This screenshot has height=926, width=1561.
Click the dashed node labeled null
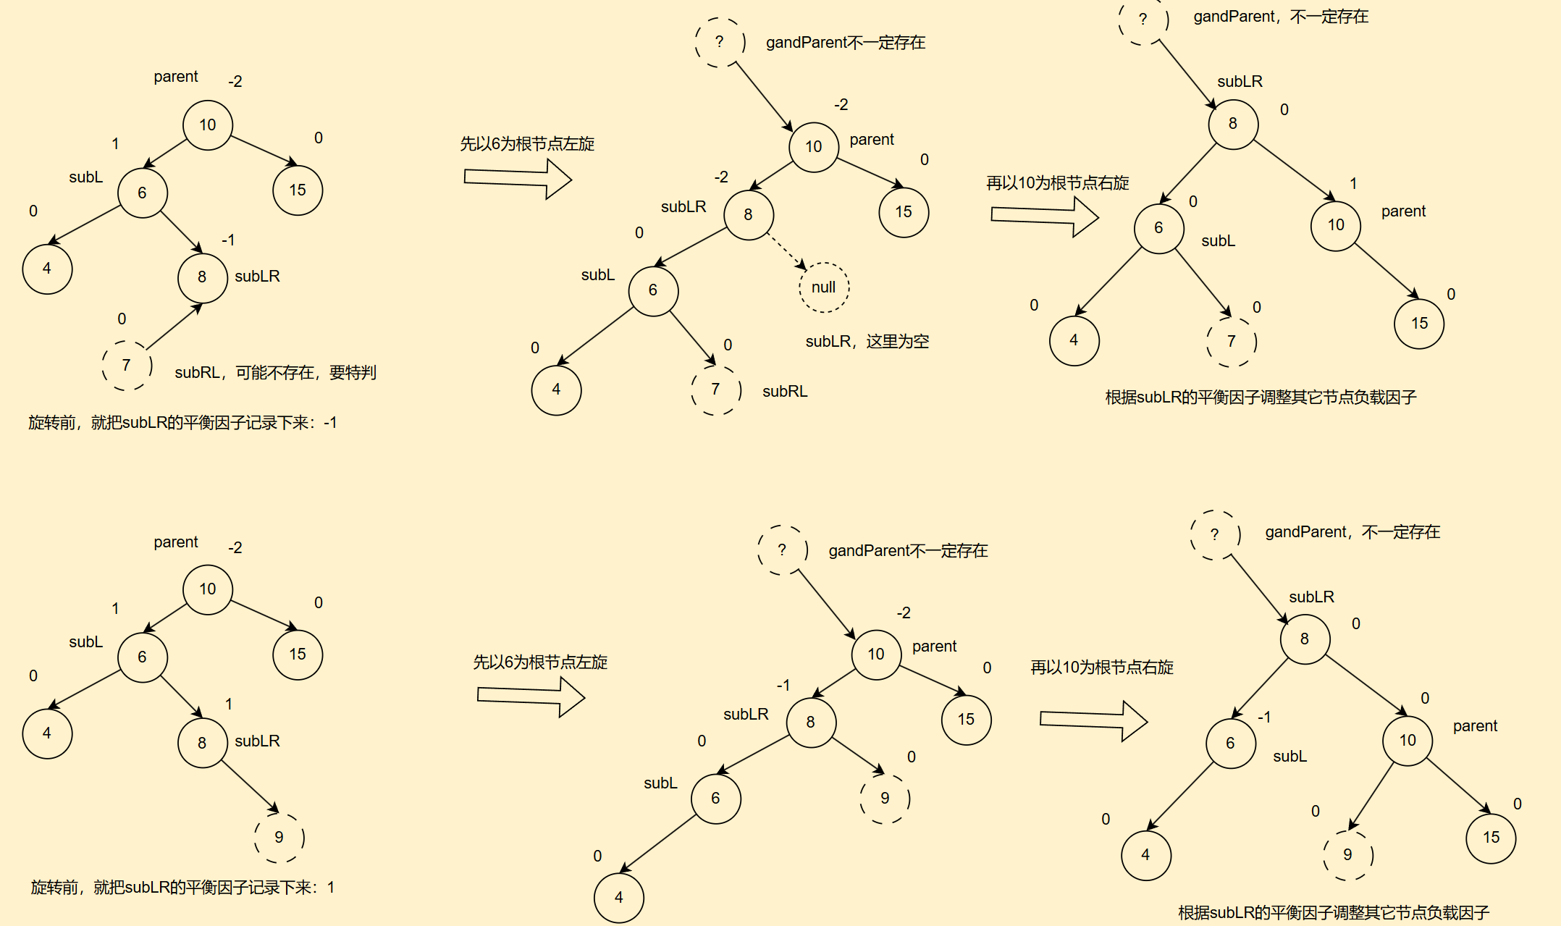824,287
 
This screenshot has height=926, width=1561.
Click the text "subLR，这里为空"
867,341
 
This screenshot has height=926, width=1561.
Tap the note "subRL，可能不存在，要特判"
275,372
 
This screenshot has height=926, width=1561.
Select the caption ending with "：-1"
182,422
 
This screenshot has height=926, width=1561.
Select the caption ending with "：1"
182,887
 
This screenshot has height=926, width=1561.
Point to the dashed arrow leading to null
786,251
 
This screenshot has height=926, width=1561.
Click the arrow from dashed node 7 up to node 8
174,327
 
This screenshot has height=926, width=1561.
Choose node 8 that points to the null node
749,214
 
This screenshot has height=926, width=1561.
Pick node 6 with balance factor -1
1230,743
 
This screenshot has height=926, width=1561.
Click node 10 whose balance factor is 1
1335,225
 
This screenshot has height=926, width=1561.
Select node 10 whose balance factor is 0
1407,740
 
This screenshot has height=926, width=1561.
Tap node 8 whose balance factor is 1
202,743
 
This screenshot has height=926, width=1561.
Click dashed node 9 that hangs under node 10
1347,854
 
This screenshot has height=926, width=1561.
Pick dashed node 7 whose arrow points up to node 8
127,365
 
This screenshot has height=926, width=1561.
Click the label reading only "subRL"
784,391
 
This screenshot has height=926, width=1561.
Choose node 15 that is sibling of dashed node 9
1490,838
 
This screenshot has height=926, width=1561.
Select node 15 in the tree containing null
903,212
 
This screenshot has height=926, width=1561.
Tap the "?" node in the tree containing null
719,42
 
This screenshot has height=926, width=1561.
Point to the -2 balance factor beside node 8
721,177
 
